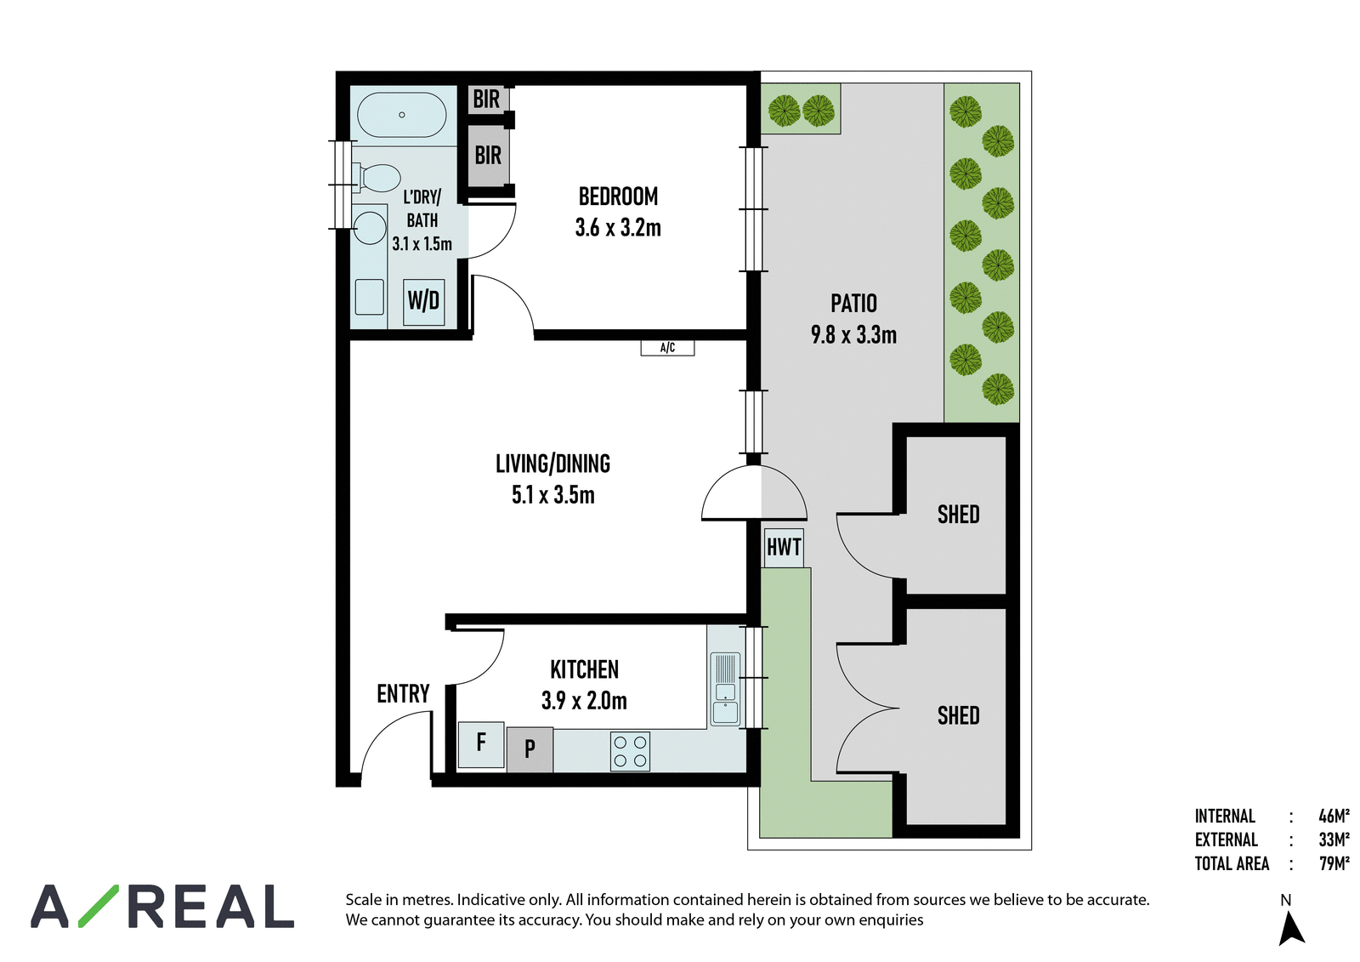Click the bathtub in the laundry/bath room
pos(401,115)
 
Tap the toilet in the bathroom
pos(377,178)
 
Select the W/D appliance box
pos(424,301)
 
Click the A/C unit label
pos(667,348)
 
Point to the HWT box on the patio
pos(784,547)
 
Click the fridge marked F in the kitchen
pos(481,744)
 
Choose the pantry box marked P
pos(530,749)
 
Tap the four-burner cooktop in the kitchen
pos(630,752)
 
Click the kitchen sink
pos(725,689)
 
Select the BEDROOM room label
pos(618,196)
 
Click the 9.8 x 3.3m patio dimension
pos(853,335)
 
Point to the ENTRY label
pos(403,693)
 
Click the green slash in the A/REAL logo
pos(99,906)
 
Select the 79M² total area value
pos(1334,863)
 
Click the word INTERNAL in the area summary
pos(1225,817)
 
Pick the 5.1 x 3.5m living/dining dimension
pos(553,495)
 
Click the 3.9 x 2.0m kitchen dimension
pos(584,701)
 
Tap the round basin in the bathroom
pos(370,228)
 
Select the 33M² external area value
pos(1334,840)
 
